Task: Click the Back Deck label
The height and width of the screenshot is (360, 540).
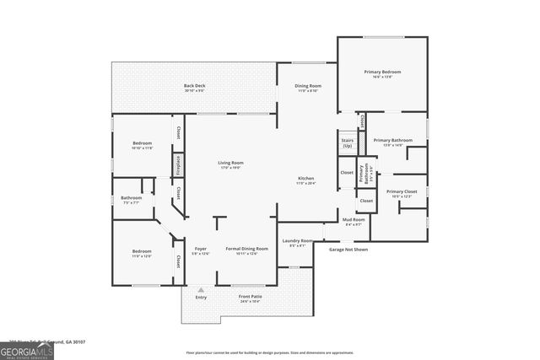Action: [x=195, y=88]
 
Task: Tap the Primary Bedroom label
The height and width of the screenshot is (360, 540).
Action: [x=382, y=74]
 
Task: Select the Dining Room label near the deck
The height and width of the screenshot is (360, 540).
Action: [x=307, y=88]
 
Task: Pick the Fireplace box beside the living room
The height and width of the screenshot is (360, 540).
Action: [x=178, y=165]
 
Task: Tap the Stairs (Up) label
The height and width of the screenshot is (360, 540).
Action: [x=347, y=143]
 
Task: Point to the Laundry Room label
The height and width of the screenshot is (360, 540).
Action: [x=296, y=243]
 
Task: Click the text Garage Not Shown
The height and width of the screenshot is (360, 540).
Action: [x=348, y=250]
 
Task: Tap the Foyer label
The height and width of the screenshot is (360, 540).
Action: [x=200, y=250]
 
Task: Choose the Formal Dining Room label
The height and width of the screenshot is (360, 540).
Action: [x=246, y=250]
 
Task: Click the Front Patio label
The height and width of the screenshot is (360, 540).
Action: [x=251, y=298]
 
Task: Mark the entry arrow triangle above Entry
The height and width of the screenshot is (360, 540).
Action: [x=201, y=290]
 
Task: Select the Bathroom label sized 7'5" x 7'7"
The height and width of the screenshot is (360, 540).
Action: [x=131, y=200]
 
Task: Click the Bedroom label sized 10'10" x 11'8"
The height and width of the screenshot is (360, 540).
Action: [x=142, y=146]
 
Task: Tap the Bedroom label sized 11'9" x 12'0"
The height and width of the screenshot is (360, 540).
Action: [x=141, y=253]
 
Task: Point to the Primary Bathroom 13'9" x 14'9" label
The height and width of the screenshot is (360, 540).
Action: [x=392, y=142]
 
